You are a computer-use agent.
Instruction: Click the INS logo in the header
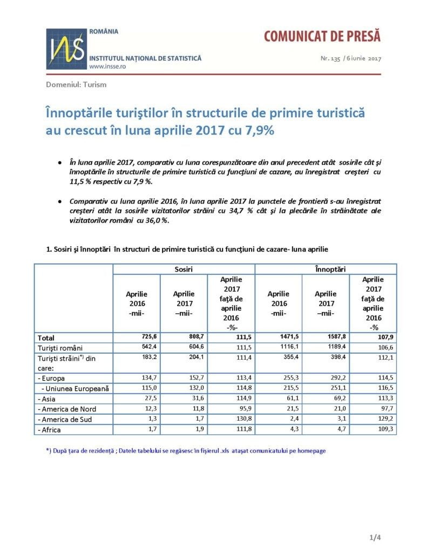(66, 49)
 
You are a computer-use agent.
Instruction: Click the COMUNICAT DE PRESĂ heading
(322, 36)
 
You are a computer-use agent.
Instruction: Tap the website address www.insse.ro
(107, 66)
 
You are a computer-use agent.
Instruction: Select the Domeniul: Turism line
(76, 85)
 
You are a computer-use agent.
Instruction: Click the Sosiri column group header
(184, 269)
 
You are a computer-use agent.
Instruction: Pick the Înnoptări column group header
(330, 269)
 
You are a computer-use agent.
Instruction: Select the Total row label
(46, 338)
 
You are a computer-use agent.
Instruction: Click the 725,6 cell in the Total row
(149, 337)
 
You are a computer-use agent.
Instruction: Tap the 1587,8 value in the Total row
(337, 337)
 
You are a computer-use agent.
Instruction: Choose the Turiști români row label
(60, 348)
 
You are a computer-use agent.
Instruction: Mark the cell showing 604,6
(196, 347)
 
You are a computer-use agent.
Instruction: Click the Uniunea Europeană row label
(75, 389)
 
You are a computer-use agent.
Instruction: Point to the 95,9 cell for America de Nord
(245, 409)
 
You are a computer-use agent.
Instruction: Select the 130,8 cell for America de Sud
(243, 419)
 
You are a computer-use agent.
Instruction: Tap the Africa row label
(49, 430)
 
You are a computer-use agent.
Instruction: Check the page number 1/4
(375, 537)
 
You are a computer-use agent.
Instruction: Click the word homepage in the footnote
(311, 451)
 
